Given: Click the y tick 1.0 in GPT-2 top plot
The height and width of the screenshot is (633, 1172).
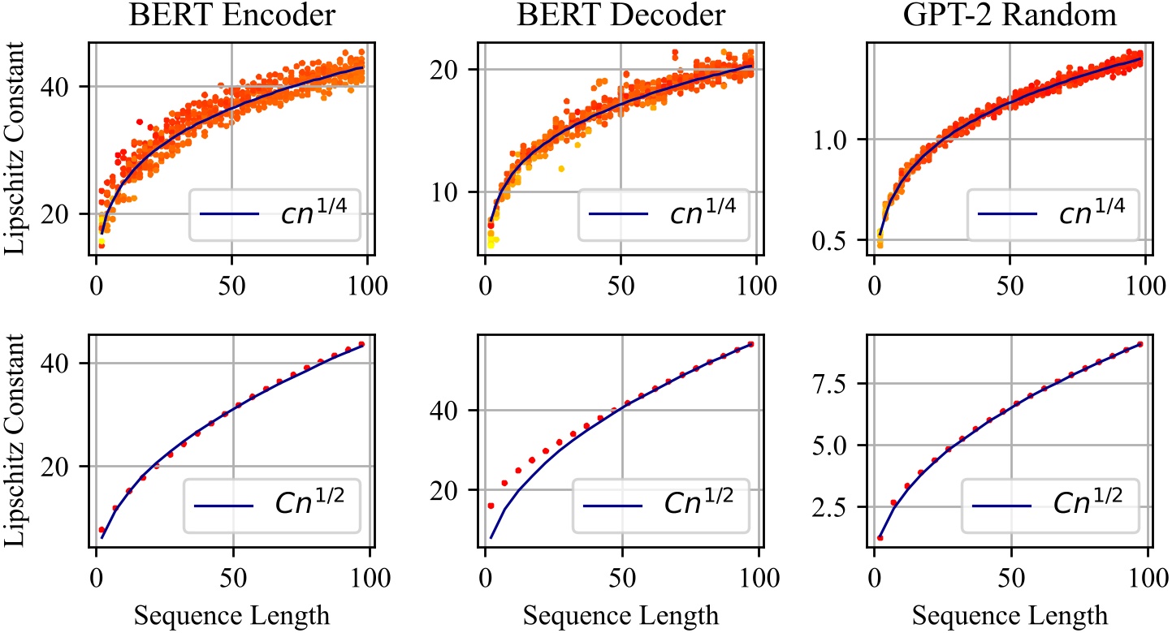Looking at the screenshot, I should tap(831, 140).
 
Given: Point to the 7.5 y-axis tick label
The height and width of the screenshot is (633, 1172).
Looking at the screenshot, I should tap(831, 383).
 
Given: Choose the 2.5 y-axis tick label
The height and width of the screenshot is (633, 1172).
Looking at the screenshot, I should tap(831, 507).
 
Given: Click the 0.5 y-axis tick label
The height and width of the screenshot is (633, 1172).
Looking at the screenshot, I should tap(831, 241).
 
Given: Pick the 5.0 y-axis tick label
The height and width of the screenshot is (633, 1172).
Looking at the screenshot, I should tap(831, 446).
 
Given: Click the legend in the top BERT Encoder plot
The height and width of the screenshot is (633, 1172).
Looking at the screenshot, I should tap(275, 214).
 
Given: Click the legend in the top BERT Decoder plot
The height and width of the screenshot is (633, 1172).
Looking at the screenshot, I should tap(664, 214).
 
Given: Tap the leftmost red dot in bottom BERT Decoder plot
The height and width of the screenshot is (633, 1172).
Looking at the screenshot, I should tap(491, 506).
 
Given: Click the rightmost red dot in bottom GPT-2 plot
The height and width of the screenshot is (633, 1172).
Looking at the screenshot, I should tap(1140, 344).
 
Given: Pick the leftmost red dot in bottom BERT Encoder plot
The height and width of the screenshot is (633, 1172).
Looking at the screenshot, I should tap(102, 530).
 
